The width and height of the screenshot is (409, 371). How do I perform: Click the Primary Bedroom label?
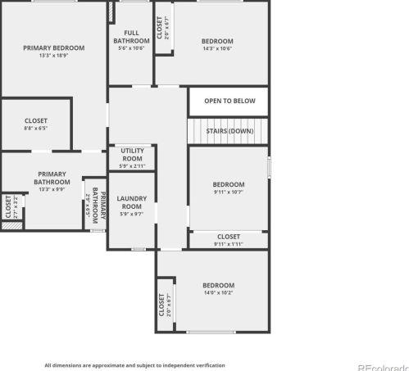54,48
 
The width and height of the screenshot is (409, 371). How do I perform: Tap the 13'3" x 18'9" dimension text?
54,56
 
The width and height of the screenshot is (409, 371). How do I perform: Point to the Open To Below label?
229,102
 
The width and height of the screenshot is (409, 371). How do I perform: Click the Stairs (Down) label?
229,131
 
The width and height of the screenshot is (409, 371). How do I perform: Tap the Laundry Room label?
132,201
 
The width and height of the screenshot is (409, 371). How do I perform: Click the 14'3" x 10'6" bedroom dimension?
217,48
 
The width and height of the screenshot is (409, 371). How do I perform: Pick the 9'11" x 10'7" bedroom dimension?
229,192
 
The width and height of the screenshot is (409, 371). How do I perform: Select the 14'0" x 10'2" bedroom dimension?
219,292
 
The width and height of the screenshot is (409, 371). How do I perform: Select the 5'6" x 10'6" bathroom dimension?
131,48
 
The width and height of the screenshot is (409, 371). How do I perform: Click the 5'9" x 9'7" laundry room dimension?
132,214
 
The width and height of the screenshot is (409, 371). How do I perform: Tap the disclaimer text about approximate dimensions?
134,365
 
